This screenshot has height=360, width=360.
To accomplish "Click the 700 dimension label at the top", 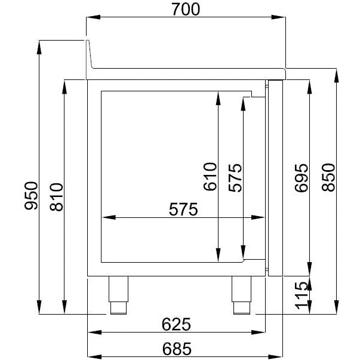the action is click(x=186, y=10).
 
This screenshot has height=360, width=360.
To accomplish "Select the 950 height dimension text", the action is click(x=31, y=195).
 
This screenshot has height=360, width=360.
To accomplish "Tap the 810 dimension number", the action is click(x=56, y=197).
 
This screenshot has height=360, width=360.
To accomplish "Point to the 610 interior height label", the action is click(x=210, y=176).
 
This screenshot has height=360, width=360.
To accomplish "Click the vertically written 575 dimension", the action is click(x=235, y=177).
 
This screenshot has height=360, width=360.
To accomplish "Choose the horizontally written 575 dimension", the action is click(x=183, y=209).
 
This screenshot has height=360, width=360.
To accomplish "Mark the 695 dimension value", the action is click(x=301, y=177).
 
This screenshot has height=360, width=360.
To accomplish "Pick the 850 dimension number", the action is click(x=328, y=177).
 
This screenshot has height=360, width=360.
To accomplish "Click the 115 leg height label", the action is click(x=301, y=296).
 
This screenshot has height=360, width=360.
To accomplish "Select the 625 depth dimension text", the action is click(x=176, y=324).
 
